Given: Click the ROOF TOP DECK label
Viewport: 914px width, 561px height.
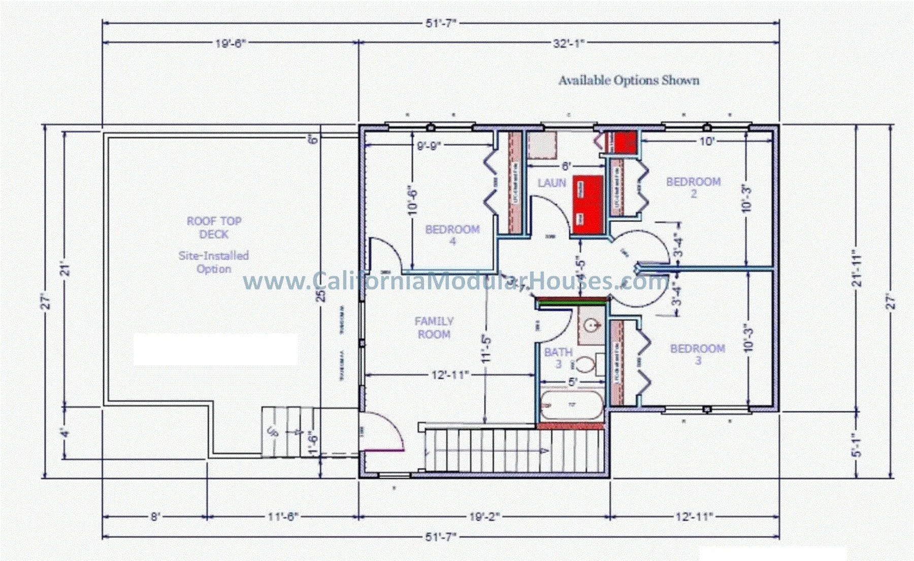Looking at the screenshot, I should pos(214,227).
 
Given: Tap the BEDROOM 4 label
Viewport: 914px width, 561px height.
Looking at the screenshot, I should pos(452,235).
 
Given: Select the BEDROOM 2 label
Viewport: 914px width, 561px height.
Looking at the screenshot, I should pos(693,187).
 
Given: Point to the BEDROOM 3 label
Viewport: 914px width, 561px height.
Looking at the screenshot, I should pos(697,354).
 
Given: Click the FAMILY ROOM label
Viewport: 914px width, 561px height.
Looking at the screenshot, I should pos(434,327).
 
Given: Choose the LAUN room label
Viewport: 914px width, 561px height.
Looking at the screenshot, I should pos(551,183).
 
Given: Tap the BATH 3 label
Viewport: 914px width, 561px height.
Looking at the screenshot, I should pos(558,357).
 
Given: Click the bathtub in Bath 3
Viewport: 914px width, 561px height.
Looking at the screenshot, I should pos(571,406).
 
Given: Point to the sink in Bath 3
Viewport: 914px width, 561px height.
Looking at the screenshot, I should pos(591,324).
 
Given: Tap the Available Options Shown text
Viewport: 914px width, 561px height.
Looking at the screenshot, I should pos(629,80).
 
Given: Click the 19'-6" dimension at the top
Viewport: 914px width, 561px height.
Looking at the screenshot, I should pos(230,43).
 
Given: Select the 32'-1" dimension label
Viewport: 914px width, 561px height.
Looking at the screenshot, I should pos(569,43).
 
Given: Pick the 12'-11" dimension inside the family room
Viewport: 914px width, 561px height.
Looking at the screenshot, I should pos(449,375).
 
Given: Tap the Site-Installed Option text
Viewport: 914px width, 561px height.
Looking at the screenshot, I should pos(214,262).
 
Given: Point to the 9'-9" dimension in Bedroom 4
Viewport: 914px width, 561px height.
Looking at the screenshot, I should pos(429,146).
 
